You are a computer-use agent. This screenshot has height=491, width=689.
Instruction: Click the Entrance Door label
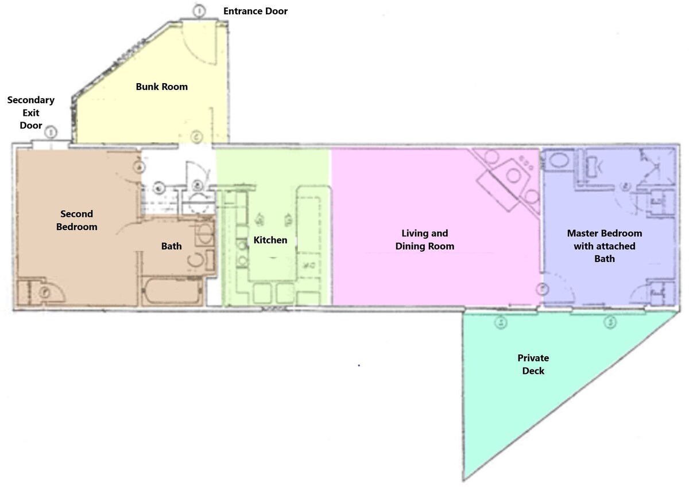[256, 11]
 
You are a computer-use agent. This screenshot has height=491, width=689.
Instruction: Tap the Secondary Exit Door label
[31, 112]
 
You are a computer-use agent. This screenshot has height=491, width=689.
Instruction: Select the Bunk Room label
[162, 87]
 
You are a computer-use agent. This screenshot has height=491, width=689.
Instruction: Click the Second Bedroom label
[76, 220]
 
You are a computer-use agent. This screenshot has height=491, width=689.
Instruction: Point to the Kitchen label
[270, 240]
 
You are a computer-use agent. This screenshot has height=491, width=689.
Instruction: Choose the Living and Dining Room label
[425, 240]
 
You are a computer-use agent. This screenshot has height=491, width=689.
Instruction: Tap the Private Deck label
[533, 364]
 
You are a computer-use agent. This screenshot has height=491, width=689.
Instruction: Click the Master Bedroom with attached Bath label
[605, 246]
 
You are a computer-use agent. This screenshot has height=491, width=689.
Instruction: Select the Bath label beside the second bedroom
[171, 246]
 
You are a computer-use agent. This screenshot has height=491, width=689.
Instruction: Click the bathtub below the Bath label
[172, 291]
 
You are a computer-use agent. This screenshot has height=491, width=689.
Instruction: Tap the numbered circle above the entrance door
[199, 11]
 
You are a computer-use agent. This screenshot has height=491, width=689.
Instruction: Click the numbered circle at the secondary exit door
[51, 133]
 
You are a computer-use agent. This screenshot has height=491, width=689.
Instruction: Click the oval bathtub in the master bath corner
[559, 161]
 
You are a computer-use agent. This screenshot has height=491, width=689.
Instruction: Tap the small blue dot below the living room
[359, 365]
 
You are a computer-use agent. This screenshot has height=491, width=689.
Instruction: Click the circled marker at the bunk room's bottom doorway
[196, 137]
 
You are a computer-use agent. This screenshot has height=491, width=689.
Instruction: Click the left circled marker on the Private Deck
[501, 322]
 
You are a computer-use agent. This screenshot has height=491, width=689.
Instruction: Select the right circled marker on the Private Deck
[610, 322]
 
